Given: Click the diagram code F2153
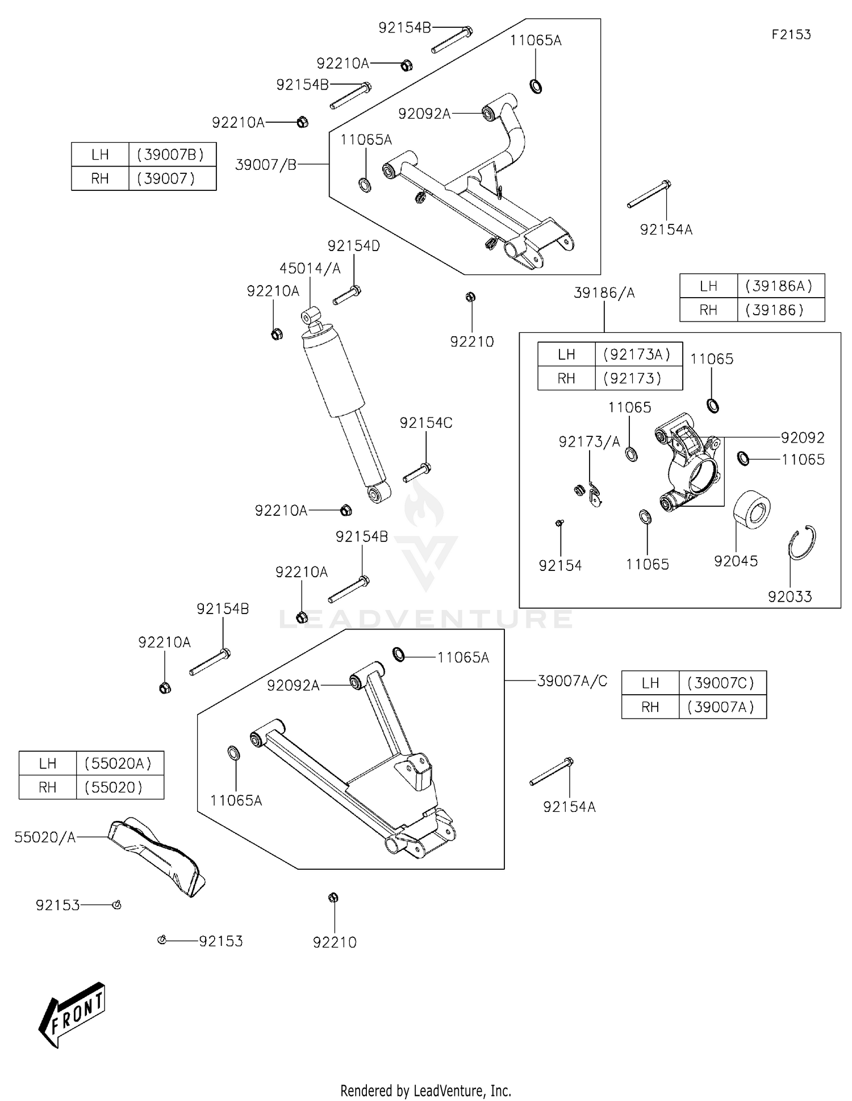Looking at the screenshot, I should click(x=791, y=35).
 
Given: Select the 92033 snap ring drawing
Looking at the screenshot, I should click(x=803, y=543).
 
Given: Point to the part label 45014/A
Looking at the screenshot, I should click(x=310, y=268).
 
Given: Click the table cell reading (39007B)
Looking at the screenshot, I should click(x=170, y=155).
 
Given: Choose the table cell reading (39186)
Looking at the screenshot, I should click(x=774, y=310).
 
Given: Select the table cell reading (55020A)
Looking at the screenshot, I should click(x=118, y=764).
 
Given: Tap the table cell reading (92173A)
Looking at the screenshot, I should click(x=637, y=355).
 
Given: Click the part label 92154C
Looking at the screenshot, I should click(x=426, y=423).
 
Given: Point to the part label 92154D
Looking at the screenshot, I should click(x=353, y=246).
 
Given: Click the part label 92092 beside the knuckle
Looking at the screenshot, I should click(x=802, y=437).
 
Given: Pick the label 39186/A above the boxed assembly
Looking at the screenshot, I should click(x=604, y=293).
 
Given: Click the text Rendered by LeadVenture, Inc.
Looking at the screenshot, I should click(x=425, y=1090).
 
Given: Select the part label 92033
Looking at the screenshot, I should click(x=790, y=597).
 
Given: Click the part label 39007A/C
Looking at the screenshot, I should click(x=572, y=681).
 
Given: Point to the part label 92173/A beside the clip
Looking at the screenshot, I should click(x=589, y=442).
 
